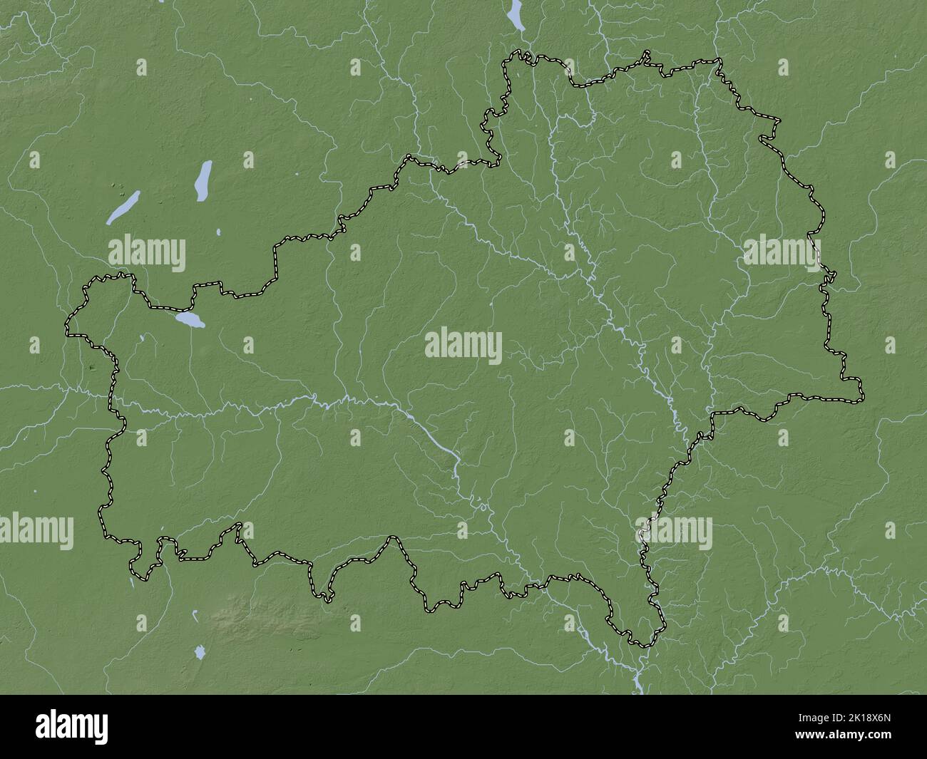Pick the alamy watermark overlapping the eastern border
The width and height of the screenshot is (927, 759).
(x=782, y=253)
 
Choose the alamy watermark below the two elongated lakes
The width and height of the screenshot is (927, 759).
(x=147, y=253)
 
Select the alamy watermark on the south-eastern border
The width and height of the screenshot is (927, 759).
(x=677, y=532)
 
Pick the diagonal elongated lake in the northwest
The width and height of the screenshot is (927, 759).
(x=123, y=208)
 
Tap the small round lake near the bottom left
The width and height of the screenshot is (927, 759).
(x=200, y=651)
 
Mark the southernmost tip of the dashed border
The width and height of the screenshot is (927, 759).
(x=644, y=646)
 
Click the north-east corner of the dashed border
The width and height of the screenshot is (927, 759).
(x=719, y=60)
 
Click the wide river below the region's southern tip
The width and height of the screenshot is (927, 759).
(x=636, y=673)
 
